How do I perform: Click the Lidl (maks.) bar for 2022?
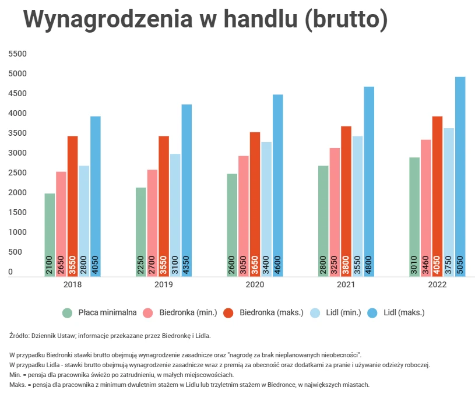coord(460,175)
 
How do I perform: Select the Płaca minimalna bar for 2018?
coord(50,233)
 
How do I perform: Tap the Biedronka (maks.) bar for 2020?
coord(255,204)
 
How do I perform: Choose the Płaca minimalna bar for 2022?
coord(414,216)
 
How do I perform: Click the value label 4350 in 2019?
coord(187,265)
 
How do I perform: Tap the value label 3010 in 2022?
coord(414,265)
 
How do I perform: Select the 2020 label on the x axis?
coord(255,285)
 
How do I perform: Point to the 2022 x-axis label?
coord(437,285)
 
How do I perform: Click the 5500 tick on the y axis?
coord(18,54)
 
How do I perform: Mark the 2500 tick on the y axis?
coord(18,173)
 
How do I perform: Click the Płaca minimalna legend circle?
coord(68,313)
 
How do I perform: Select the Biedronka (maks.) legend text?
coord(271,313)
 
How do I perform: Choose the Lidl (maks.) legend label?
coord(404,313)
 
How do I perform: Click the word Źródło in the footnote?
coord(20,336)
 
